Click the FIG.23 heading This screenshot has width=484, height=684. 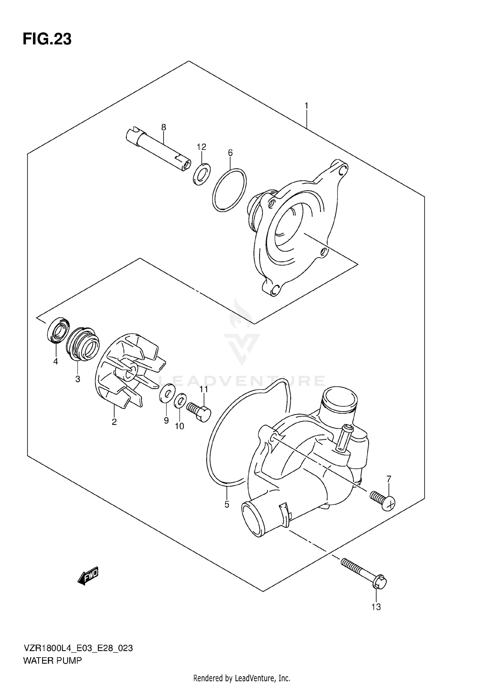point(47,39)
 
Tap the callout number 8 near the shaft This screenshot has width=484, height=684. point(164,127)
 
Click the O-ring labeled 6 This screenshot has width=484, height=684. point(229,190)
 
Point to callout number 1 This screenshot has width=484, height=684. point(306,106)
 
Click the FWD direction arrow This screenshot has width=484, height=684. point(88,575)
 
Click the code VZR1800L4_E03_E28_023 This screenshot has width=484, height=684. point(78,648)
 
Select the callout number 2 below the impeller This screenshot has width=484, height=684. point(114,422)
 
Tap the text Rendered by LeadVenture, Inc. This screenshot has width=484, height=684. point(242,678)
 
